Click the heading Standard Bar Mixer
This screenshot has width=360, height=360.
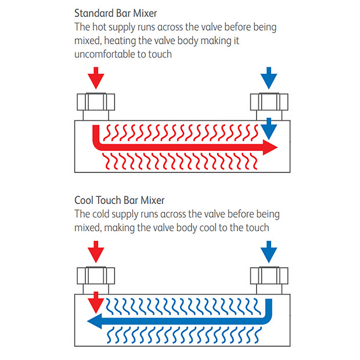[x=116, y=13]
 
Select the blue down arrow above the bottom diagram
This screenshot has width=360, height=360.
[x=268, y=251]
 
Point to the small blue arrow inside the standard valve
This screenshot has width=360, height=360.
[x=268, y=128]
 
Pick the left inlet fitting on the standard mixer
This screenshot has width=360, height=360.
[x=96, y=106]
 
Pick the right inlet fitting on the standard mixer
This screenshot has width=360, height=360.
[x=268, y=106]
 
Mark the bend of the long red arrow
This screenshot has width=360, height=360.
[x=98, y=145]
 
